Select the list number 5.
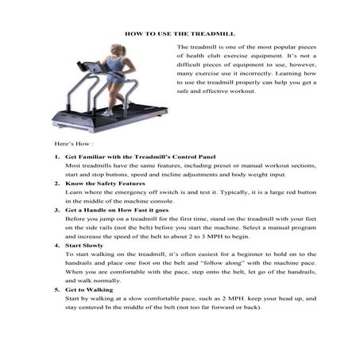57,289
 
